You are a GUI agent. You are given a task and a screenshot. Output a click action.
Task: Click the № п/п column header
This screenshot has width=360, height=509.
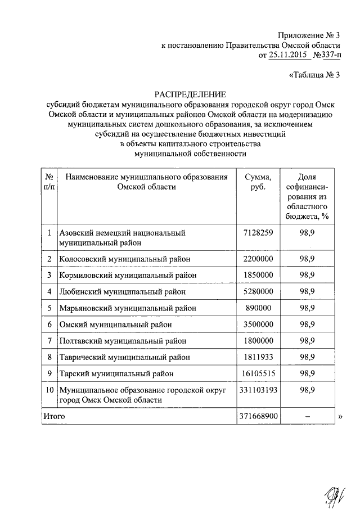click(49, 182)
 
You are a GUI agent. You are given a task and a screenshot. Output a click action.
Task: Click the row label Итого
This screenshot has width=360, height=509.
click(55, 416)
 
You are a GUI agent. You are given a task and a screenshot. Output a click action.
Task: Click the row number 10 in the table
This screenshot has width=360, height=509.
click(49, 389)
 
